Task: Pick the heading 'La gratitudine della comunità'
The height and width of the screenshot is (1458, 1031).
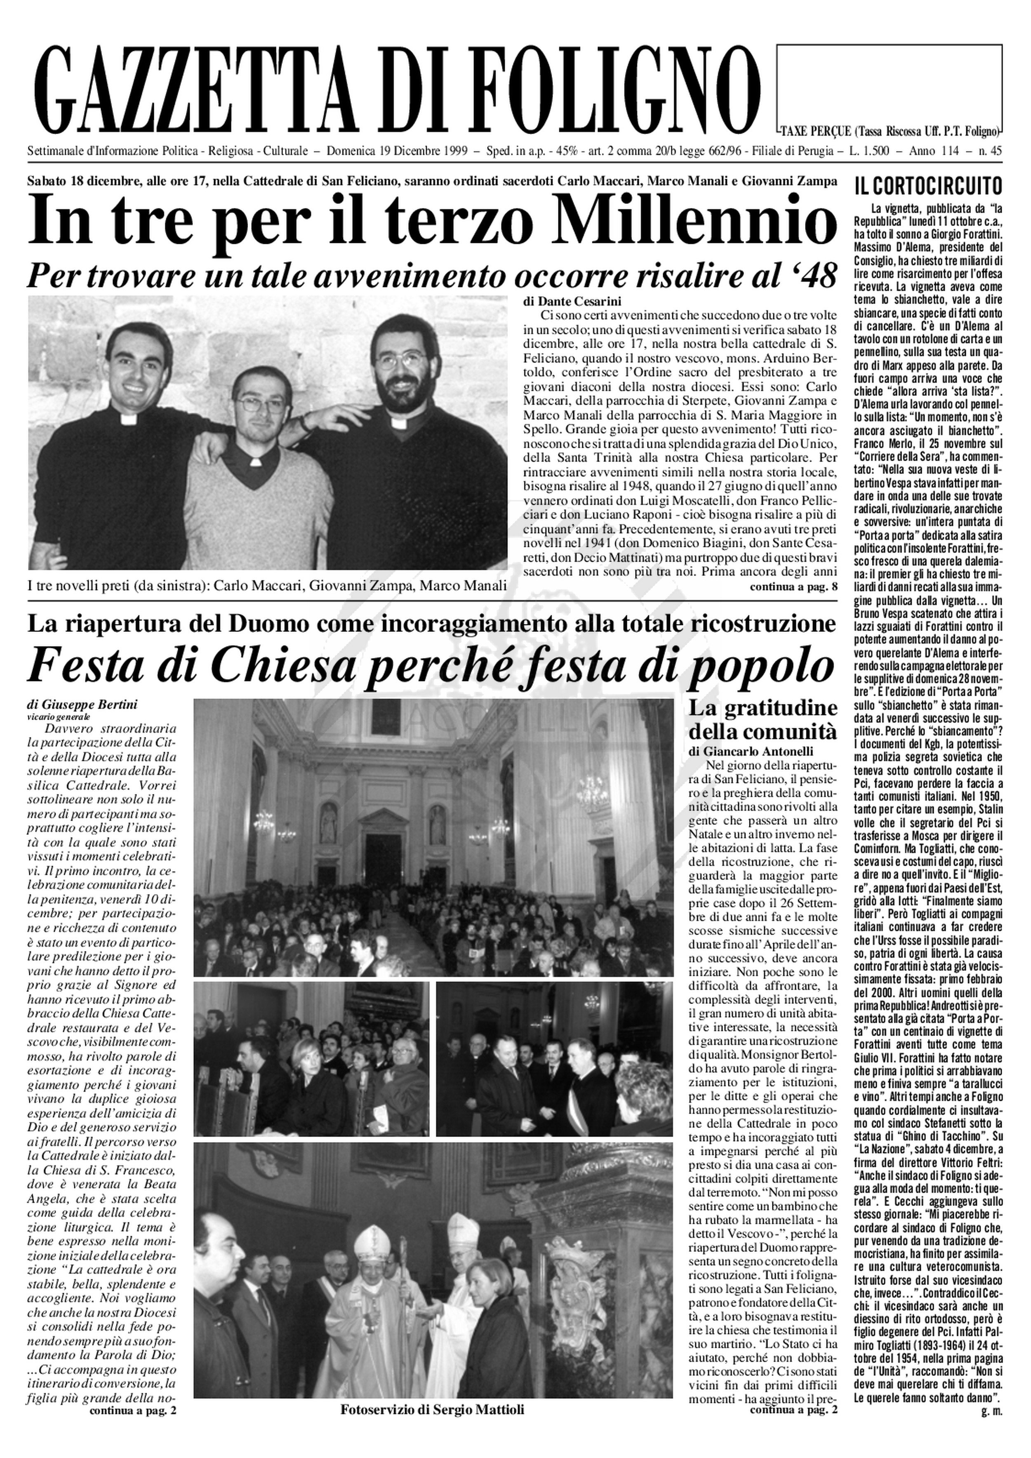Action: (763, 719)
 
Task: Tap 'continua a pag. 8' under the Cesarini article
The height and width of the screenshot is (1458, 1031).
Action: (793, 586)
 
